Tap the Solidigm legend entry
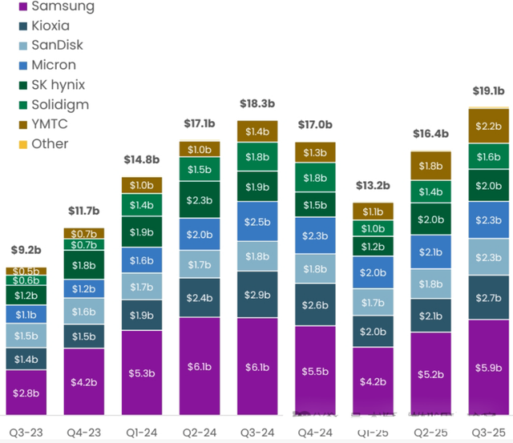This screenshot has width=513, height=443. point(59,105)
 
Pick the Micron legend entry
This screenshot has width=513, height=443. point(55,65)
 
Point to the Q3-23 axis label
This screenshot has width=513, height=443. point(26,432)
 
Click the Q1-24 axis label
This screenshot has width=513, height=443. point(141,432)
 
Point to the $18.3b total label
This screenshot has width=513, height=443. point(257,105)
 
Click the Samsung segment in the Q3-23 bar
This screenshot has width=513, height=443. point(26,392)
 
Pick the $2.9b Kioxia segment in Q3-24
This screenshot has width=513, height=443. point(257,296)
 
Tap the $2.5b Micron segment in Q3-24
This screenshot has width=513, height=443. point(257,221)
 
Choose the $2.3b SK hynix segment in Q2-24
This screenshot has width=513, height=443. point(200,200)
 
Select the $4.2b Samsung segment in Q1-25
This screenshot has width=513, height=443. point(373,381)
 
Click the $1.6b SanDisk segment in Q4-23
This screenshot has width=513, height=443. point(83,312)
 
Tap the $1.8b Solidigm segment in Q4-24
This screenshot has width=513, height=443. point(315,178)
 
